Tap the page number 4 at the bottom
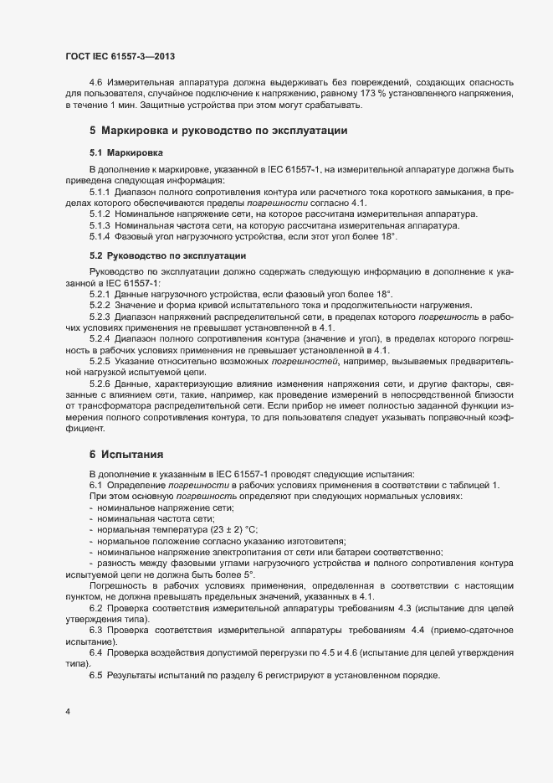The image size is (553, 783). click(67, 712)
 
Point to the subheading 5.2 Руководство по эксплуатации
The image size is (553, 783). click(166, 255)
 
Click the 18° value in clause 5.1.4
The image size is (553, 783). click(387, 239)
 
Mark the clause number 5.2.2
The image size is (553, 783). click(100, 305)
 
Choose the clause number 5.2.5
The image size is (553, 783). click(100, 359)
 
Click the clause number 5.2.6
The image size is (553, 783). click(100, 382)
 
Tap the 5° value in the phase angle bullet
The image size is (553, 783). click(248, 575)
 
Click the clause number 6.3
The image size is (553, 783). click(95, 628)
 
